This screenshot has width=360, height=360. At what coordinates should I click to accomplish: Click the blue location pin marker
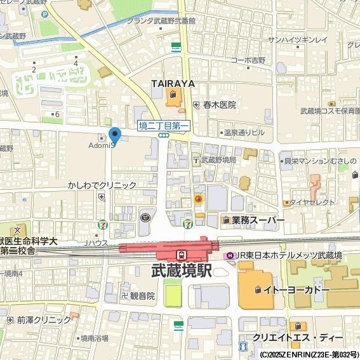114,135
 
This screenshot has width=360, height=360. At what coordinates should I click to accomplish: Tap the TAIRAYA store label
172,84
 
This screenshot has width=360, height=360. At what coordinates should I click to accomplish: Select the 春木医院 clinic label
219,105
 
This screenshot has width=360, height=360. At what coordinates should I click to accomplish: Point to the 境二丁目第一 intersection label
164,126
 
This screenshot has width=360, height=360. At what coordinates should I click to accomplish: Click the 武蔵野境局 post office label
218,160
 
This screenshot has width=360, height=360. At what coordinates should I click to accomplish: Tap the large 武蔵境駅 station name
182,270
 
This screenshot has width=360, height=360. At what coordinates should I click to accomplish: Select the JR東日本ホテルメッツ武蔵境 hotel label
288,255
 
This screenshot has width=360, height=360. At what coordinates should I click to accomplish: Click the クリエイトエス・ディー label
297,337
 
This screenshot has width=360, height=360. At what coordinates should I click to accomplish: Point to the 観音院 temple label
142,296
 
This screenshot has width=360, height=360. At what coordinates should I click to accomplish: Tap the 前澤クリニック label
44,320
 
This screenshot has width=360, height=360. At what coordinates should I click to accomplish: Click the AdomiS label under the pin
100,145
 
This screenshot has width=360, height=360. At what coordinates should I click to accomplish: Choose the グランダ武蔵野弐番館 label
162,21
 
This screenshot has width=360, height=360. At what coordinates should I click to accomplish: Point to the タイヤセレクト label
312,202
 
